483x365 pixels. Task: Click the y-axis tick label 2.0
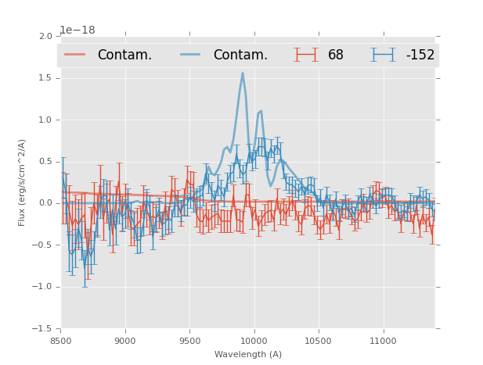(45, 37)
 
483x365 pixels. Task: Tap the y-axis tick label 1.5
(45, 78)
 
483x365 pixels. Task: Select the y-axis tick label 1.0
(45, 120)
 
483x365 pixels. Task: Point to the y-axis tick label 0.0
(45, 203)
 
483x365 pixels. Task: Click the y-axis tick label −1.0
(42, 287)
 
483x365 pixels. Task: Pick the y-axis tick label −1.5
(42, 328)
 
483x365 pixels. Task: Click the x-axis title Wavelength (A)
(248, 355)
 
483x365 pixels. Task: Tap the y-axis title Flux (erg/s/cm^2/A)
(22, 182)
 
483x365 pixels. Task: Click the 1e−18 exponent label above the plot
(77, 30)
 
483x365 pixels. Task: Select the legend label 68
(336, 55)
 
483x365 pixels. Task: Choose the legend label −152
(420, 55)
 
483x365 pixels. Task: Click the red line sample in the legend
(75, 55)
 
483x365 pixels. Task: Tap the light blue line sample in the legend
(191, 55)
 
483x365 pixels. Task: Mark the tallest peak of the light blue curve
(243, 73)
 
